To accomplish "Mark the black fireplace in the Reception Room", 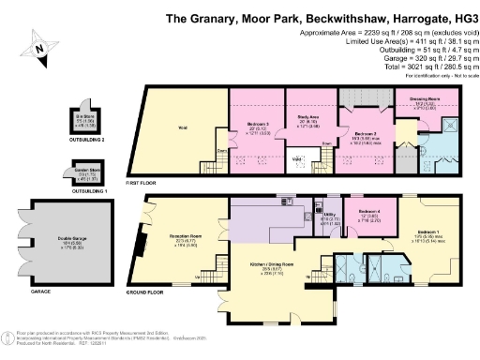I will point(140,245).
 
